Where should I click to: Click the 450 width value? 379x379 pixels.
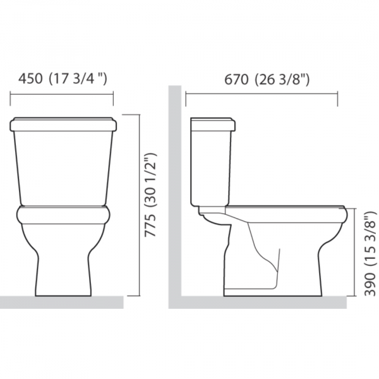pos(30,79)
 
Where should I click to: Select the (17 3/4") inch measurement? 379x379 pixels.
pos(78,79)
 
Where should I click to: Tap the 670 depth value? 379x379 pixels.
pos(236,80)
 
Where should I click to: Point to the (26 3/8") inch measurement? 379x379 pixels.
pos(282,80)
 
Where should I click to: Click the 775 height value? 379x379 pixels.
pos(150,226)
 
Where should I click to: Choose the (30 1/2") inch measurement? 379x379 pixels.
pos(150,180)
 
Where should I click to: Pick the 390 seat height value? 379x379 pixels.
pos(370,284)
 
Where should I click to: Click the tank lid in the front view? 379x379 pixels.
pos(63,124)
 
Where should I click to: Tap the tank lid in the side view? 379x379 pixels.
pos(213,124)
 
